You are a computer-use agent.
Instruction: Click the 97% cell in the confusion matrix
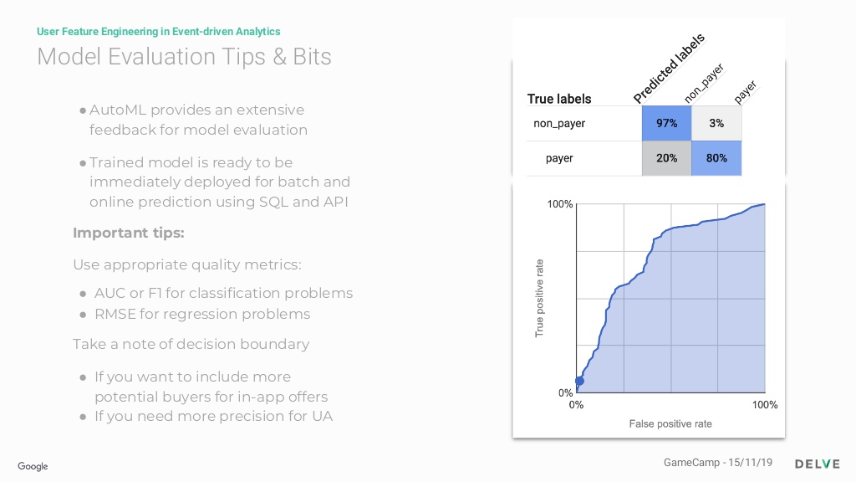pos(666,124)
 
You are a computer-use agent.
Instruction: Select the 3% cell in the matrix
pos(716,124)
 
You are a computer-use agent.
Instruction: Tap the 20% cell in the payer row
pos(666,158)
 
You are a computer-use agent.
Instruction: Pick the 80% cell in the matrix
pos(716,158)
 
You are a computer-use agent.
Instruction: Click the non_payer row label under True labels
pos(559,124)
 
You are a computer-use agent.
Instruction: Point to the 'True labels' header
pos(559,99)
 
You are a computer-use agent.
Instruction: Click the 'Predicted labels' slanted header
pos(670,69)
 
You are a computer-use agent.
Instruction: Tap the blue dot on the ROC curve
pos(580,381)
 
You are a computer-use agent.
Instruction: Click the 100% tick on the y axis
pos(560,204)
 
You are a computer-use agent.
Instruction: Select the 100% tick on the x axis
pos(765,405)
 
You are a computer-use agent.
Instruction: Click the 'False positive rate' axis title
pos(670,423)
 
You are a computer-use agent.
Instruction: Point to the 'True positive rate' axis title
pos(539,299)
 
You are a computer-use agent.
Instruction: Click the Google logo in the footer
pos(33,466)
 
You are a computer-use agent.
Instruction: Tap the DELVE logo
pos(818,464)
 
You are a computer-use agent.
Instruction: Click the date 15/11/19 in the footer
pos(750,462)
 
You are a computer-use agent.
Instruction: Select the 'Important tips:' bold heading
pos(129,233)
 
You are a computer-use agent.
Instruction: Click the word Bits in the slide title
pos(312,57)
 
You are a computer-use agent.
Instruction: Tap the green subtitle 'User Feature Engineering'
pos(97,32)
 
